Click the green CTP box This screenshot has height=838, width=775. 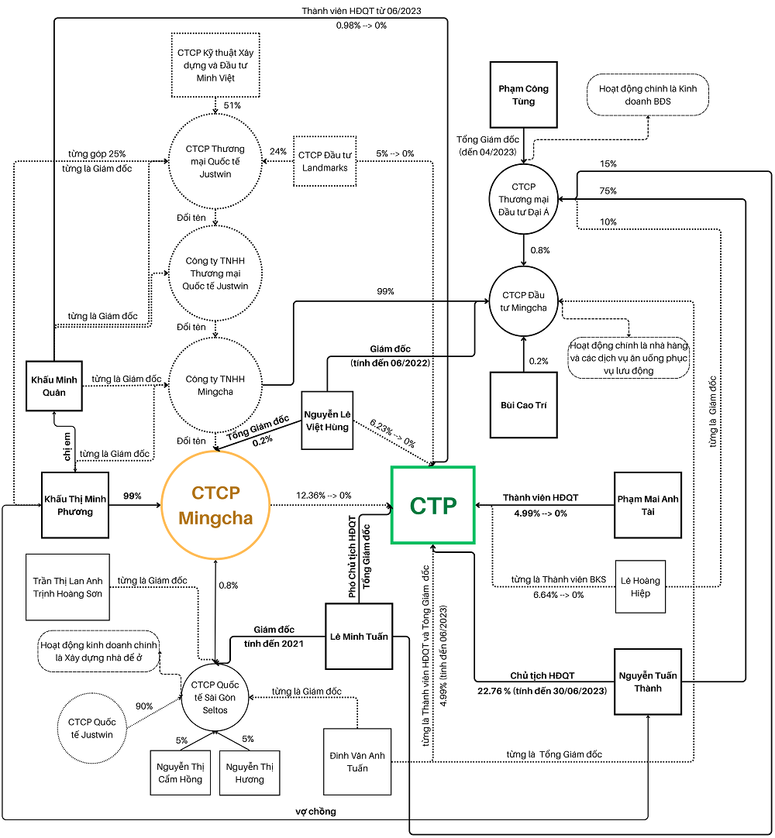coord(432,505)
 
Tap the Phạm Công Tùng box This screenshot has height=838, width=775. coord(523,94)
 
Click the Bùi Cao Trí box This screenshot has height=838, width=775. coord(524,404)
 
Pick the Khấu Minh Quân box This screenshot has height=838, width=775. coord(53,386)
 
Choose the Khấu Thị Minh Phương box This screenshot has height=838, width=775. coord(74,505)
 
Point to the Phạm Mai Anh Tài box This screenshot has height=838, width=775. coord(648,505)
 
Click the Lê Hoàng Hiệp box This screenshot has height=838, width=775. coord(640,586)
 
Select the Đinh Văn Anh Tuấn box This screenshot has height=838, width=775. coord(357,762)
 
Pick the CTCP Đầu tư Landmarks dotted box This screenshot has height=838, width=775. coord(325,161)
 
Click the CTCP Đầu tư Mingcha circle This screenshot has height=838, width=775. coord(524,301)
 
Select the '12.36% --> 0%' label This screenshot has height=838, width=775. coord(323,495)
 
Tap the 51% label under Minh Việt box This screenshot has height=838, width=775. coord(231,105)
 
